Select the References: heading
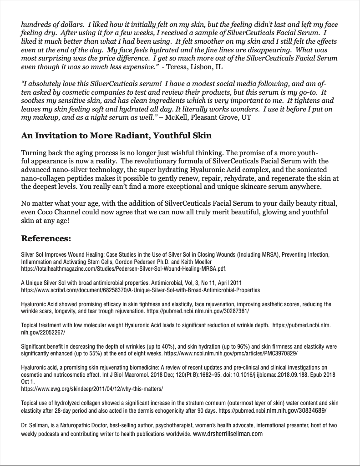[x=46, y=238]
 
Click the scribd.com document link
[x=141, y=290]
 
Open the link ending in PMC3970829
[x=231, y=354]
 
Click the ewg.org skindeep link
[x=92, y=389]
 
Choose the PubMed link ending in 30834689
[x=272, y=410]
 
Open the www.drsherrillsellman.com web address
[x=228, y=434]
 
